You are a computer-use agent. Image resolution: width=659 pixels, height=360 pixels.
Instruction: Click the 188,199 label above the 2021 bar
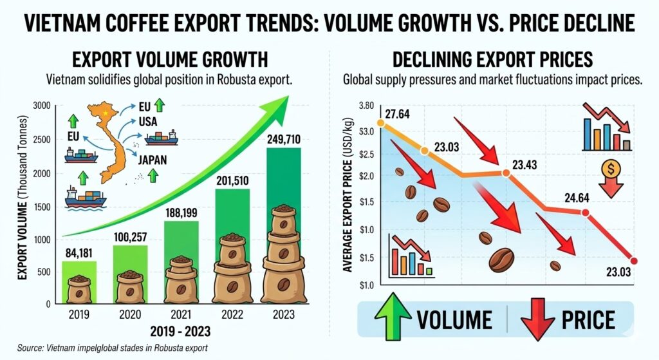[x=181, y=211]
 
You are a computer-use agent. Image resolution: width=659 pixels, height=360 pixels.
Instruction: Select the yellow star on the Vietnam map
[x=106, y=113]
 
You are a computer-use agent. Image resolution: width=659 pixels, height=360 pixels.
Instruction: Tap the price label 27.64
[x=404, y=115]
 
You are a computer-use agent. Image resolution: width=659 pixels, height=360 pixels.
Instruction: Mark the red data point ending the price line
[x=634, y=261]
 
